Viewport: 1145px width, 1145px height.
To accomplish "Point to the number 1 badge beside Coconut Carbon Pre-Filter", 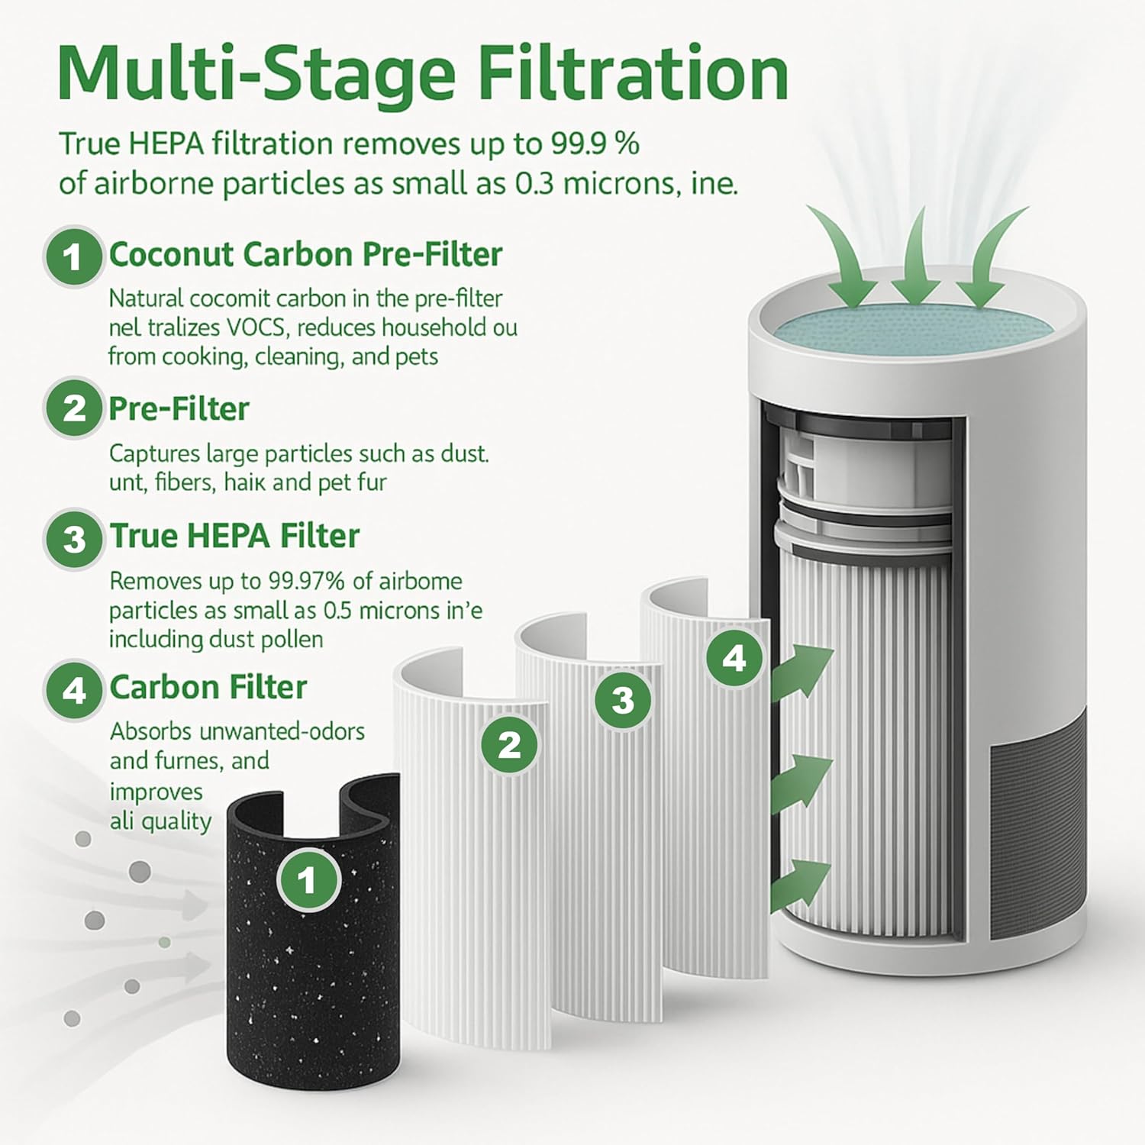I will tap(73, 256).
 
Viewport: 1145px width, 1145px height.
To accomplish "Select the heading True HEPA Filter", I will tap(234, 536).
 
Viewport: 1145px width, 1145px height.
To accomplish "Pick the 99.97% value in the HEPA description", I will tap(306, 581).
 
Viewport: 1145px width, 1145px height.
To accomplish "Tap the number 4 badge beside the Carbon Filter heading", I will tap(74, 691).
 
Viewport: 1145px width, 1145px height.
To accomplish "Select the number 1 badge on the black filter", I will tap(307, 881).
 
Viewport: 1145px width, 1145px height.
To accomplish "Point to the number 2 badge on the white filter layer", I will tap(510, 744).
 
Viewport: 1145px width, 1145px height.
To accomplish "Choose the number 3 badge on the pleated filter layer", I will tap(623, 700).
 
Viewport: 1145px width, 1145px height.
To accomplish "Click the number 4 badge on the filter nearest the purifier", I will tap(734, 658).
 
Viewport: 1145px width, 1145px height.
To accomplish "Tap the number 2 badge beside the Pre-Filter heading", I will tap(74, 408).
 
